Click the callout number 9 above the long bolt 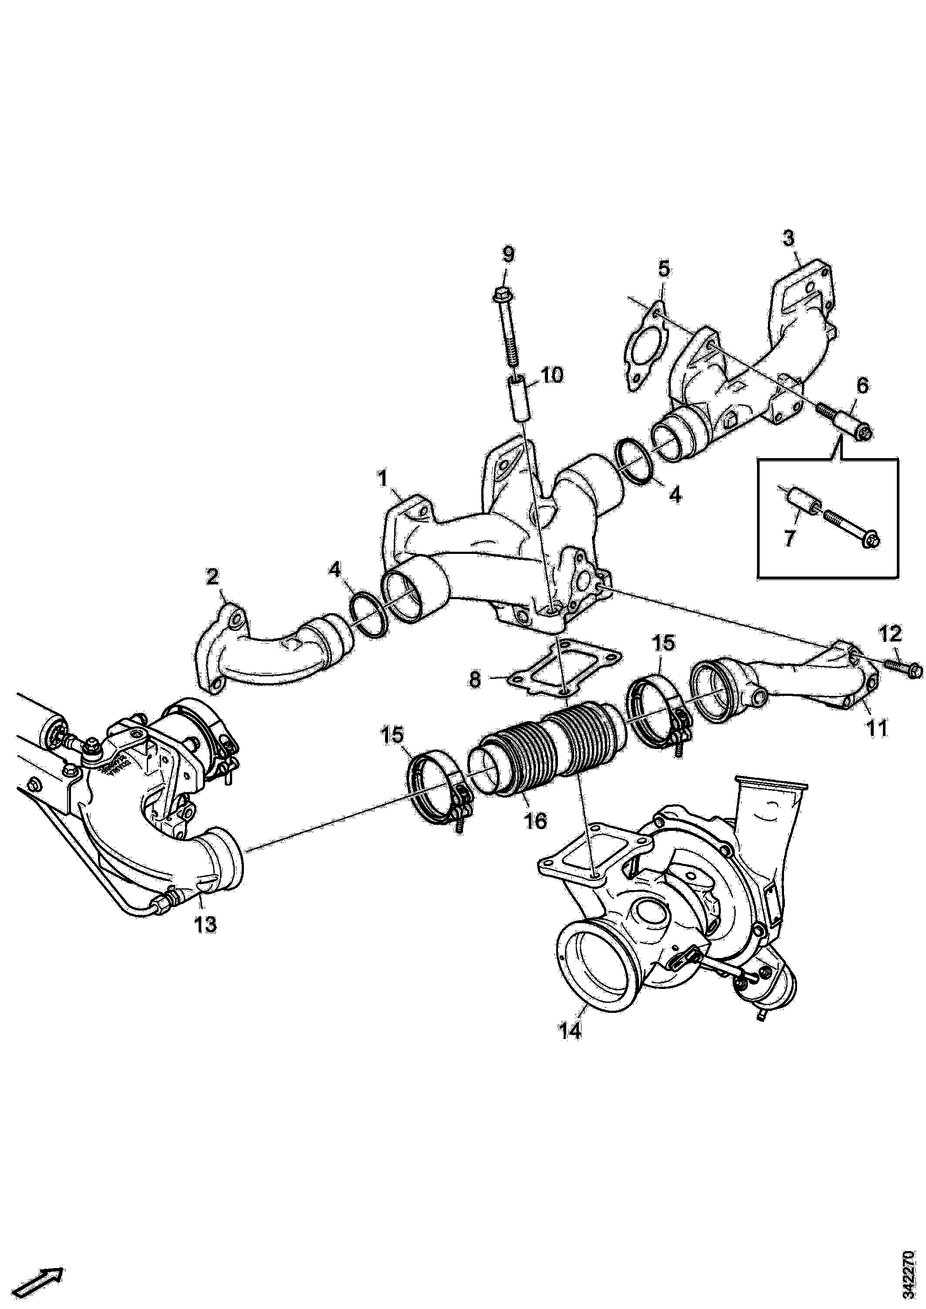(x=507, y=254)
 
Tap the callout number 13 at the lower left (x=206, y=924)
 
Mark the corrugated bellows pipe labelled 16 (x=547, y=747)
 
